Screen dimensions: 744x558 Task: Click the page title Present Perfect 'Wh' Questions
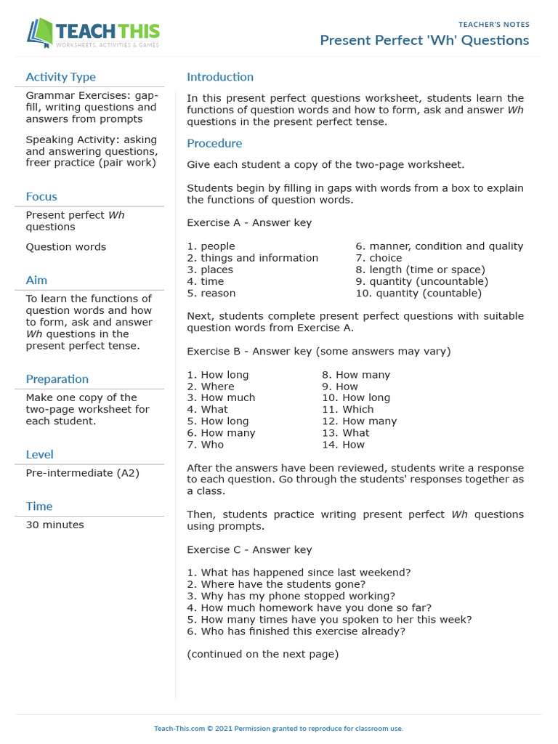[424, 40]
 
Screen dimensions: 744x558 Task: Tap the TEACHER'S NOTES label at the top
[494, 25]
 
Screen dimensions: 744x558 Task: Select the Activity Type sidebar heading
[60, 77]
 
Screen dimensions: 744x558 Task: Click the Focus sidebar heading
[41, 196]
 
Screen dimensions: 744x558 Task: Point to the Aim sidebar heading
[36, 280]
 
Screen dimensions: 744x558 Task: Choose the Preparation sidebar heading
[57, 379]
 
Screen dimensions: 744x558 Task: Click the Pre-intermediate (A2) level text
[82, 473]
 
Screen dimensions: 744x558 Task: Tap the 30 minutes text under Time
[54, 525]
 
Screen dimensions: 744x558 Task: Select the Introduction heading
[220, 77]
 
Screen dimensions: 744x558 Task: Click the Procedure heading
[214, 143]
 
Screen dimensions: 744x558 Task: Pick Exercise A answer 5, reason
[211, 294]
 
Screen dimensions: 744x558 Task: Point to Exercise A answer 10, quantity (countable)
[418, 294]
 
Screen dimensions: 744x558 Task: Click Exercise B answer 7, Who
[206, 445]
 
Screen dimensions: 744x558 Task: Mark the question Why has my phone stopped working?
[291, 596]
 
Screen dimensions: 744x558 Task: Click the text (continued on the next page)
[262, 654]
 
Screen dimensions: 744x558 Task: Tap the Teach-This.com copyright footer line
[278, 728]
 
